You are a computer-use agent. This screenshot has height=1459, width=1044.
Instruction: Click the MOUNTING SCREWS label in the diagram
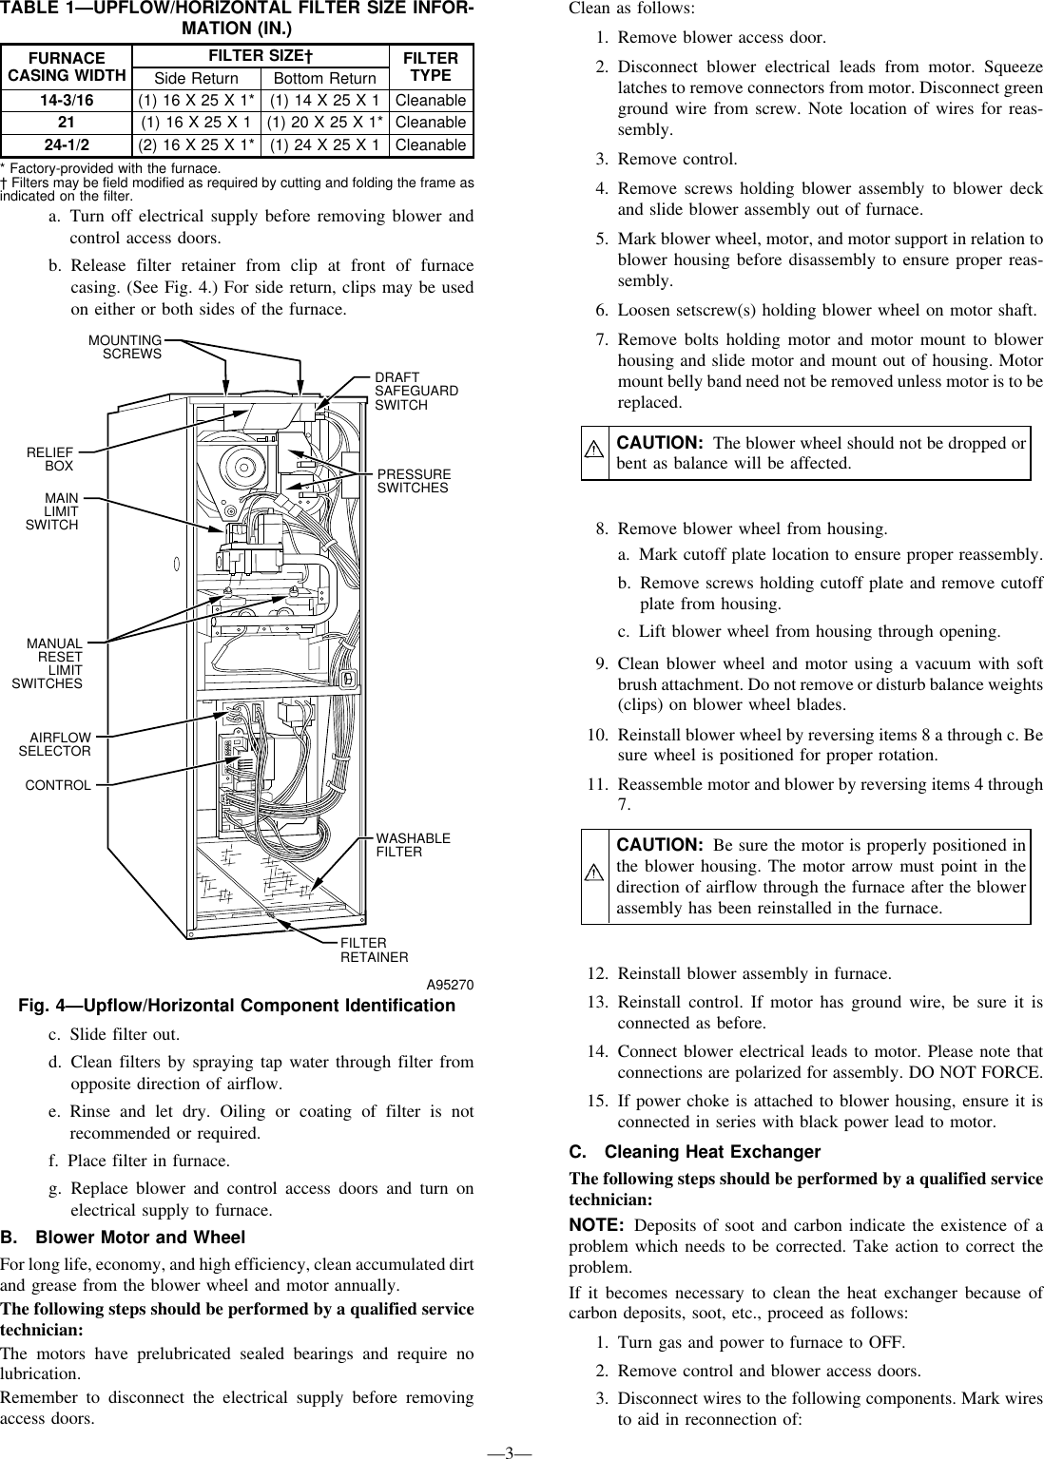click(125, 346)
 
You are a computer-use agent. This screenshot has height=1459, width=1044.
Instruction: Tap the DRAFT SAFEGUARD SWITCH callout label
click(416, 391)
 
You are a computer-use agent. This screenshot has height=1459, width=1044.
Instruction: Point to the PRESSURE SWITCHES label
click(415, 480)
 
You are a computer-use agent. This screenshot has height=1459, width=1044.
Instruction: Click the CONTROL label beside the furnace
click(58, 785)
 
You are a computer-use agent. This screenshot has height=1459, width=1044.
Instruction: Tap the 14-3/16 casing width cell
click(66, 100)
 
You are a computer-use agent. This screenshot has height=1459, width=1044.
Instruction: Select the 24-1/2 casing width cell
click(66, 144)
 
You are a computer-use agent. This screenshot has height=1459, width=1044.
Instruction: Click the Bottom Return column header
click(324, 78)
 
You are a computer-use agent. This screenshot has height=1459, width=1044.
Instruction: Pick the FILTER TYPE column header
click(431, 67)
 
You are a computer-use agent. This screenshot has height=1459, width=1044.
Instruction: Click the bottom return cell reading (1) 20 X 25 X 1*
click(324, 123)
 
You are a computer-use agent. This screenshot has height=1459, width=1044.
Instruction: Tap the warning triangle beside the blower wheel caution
click(595, 452)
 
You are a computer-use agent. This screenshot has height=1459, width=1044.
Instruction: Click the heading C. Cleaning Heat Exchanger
click(694, 1152)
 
